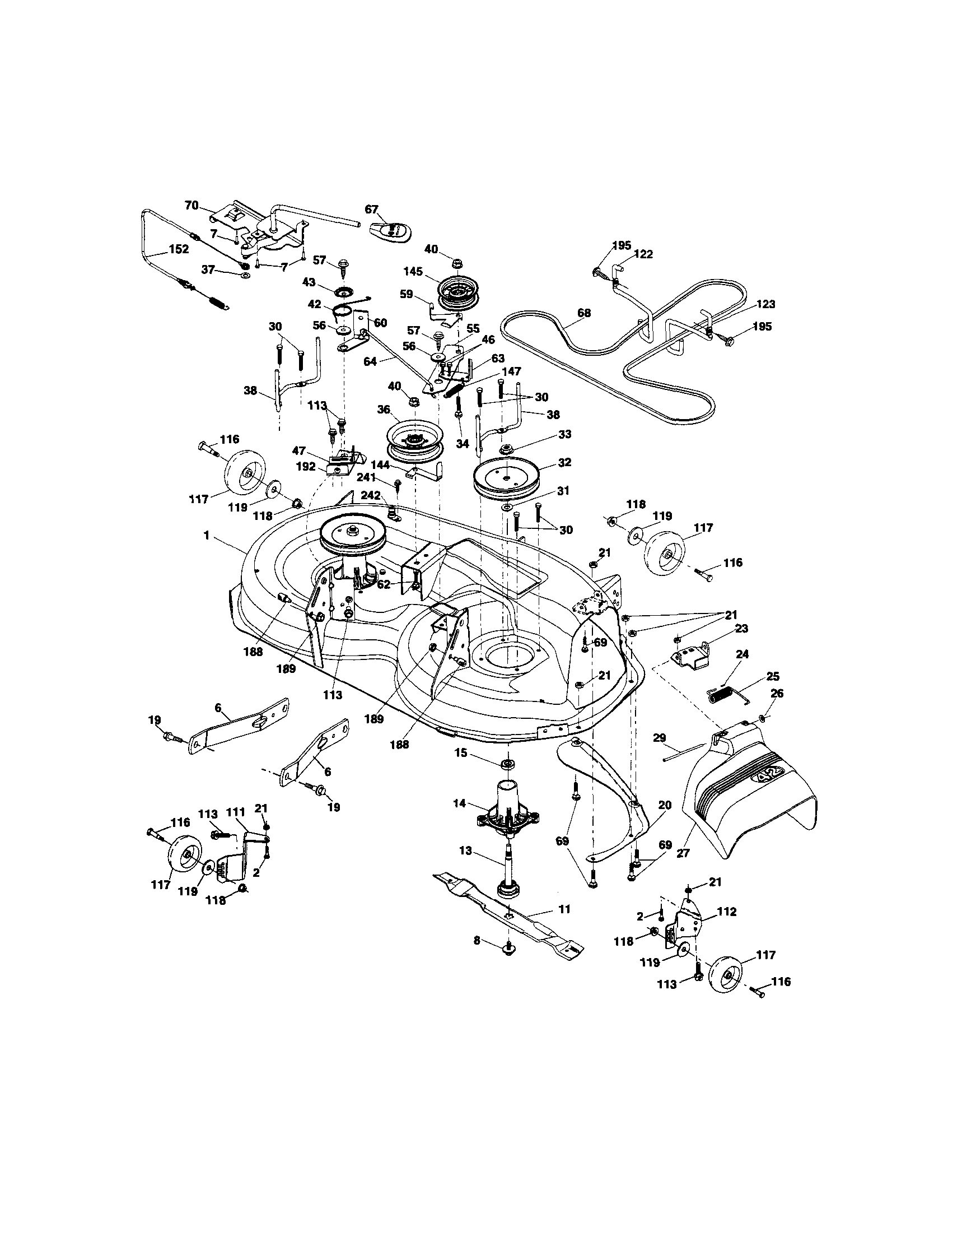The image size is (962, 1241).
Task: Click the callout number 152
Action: click(178, 249)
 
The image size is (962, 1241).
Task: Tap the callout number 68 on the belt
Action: click(584, 313)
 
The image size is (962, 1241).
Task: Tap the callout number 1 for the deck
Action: click(208, 535)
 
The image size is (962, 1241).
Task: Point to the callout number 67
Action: click(371, 209)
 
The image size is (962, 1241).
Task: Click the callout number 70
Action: click(192, 205)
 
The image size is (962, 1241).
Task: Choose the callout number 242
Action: click(371, 495)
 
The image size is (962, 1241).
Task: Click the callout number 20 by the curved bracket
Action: click(665, 805)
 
